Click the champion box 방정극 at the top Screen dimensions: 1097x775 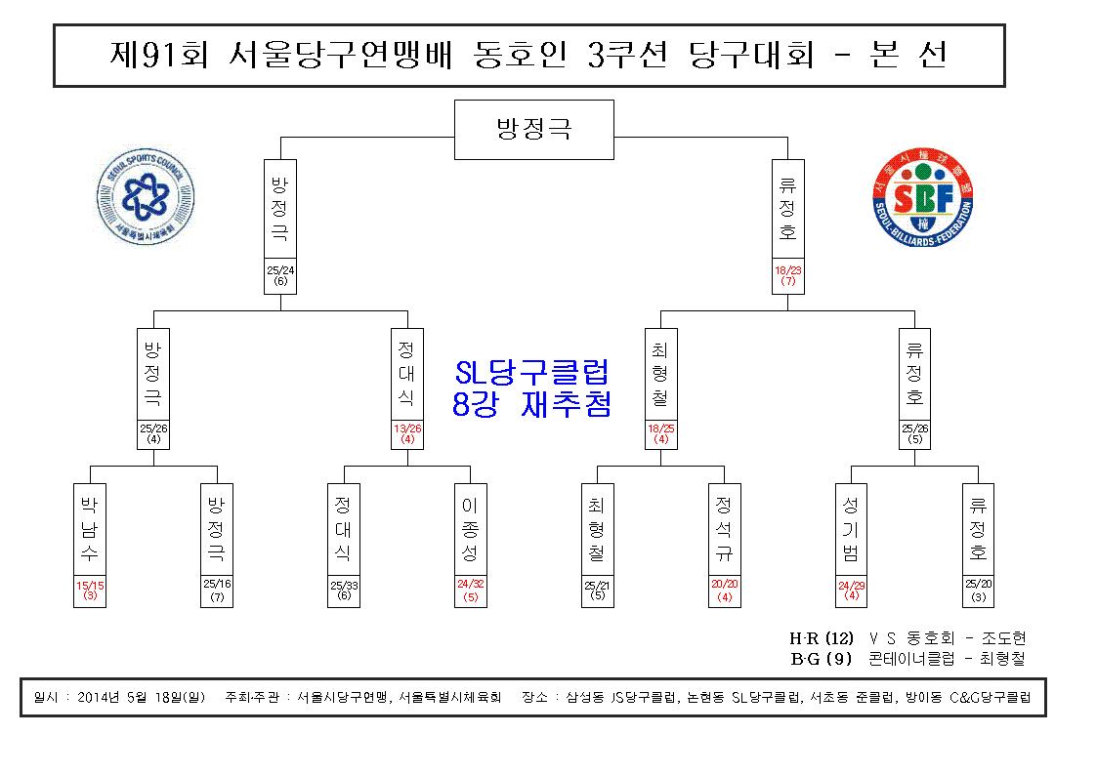click(533, 129)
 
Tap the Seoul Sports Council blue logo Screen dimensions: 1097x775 click(146, 196)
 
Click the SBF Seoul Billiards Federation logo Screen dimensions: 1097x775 click(923, 198)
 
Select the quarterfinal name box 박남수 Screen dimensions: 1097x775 click(90, 529)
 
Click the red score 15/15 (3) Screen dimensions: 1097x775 click(90, 591)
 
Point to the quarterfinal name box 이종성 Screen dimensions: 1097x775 click(470, 529)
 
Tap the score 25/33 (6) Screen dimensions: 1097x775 click(344, 591)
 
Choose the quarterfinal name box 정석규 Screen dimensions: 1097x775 click(724, 529)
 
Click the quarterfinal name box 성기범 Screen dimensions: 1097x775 click(851, 529)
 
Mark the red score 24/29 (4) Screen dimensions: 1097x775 click(851, 591)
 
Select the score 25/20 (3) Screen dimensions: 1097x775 click(978, 591)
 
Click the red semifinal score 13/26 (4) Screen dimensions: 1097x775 click(407, 434)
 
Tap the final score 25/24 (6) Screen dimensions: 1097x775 click(280, 275)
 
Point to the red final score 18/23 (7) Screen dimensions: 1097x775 click(787, 275)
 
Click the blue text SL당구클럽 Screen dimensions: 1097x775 click(531, 373)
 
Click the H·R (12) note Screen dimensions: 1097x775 click(822, 638)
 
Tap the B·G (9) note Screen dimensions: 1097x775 click(822, 659)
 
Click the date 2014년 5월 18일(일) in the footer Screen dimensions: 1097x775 click(141, 698)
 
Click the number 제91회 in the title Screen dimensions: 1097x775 click(159, 55)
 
